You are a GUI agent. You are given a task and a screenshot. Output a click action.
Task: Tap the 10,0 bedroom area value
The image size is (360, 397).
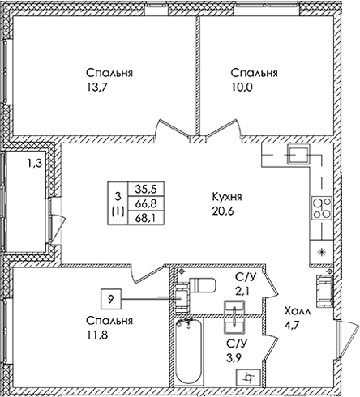click(x=242, y=88)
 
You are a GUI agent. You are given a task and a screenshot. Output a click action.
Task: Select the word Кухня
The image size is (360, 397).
click(x=227, y=197)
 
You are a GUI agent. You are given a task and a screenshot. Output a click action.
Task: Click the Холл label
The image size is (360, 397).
click(x=298, y=311)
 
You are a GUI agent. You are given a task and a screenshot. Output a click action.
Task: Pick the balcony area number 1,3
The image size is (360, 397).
click(x=35, y=164)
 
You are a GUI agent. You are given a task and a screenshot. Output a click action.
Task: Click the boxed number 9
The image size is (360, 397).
click(x=111, y=299)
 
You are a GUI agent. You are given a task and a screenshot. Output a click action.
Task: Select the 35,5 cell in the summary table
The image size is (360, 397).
click(x=146, y=189)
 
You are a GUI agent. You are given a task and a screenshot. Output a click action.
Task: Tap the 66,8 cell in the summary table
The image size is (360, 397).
click(x=146, y=203)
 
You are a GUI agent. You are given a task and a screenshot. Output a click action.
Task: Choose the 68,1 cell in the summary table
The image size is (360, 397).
click(x=146, y=217)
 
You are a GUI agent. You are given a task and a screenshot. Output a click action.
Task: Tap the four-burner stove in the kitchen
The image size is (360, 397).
click(x=322, y=208)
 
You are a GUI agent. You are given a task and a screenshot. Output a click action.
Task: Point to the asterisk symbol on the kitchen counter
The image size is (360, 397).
click(x=322, y=252)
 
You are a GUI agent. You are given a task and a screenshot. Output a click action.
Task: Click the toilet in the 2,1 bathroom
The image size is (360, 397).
click(x=202, y=285)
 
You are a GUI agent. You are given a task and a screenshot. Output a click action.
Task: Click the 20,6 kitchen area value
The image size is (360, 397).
click(x=223, y=211)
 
